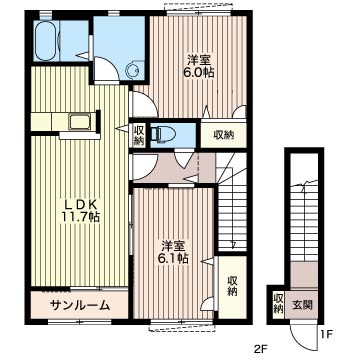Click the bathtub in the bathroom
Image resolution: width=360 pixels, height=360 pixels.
[x=46, y=41]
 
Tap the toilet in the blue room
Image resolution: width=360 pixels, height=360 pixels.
[x=161, y=135]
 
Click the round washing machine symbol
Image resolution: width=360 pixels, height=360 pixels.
[x=135, y=69]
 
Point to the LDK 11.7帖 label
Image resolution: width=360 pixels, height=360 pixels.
[x=80, y=210]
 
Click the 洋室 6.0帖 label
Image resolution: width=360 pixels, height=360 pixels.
[x=199, y=66]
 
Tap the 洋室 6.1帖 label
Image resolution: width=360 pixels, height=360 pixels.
[x=174, y=252]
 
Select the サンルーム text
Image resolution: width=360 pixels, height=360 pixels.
[x=80, y=304]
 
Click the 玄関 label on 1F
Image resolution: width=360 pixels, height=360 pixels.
[x=303, y=304]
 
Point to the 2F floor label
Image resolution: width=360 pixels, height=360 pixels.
[x=261, y=349]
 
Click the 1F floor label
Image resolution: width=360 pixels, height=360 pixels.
[x=326, y=334]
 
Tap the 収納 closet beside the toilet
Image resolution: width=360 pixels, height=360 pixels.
[x=139, y=135]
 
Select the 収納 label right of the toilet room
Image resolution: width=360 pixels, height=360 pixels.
[x=224, y=135]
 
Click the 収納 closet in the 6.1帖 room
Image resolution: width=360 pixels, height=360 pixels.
[x=232, y=286]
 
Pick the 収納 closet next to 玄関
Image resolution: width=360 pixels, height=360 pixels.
[x=277, y=304]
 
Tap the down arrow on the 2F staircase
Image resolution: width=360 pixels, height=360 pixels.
[x=233, y=244]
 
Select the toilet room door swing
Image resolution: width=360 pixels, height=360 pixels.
[x=184, y=160]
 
